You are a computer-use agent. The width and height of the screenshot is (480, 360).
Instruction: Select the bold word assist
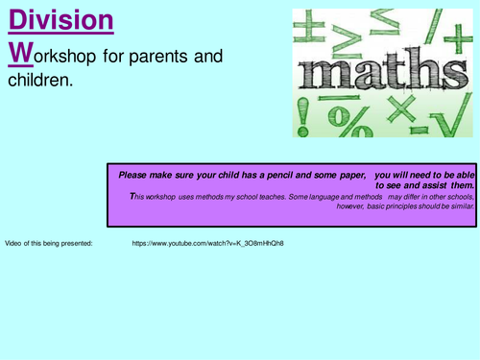(428, 184)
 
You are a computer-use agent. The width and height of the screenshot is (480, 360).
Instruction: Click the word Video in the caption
(13, 243)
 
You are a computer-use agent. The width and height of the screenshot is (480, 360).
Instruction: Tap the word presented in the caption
(74, 243)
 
